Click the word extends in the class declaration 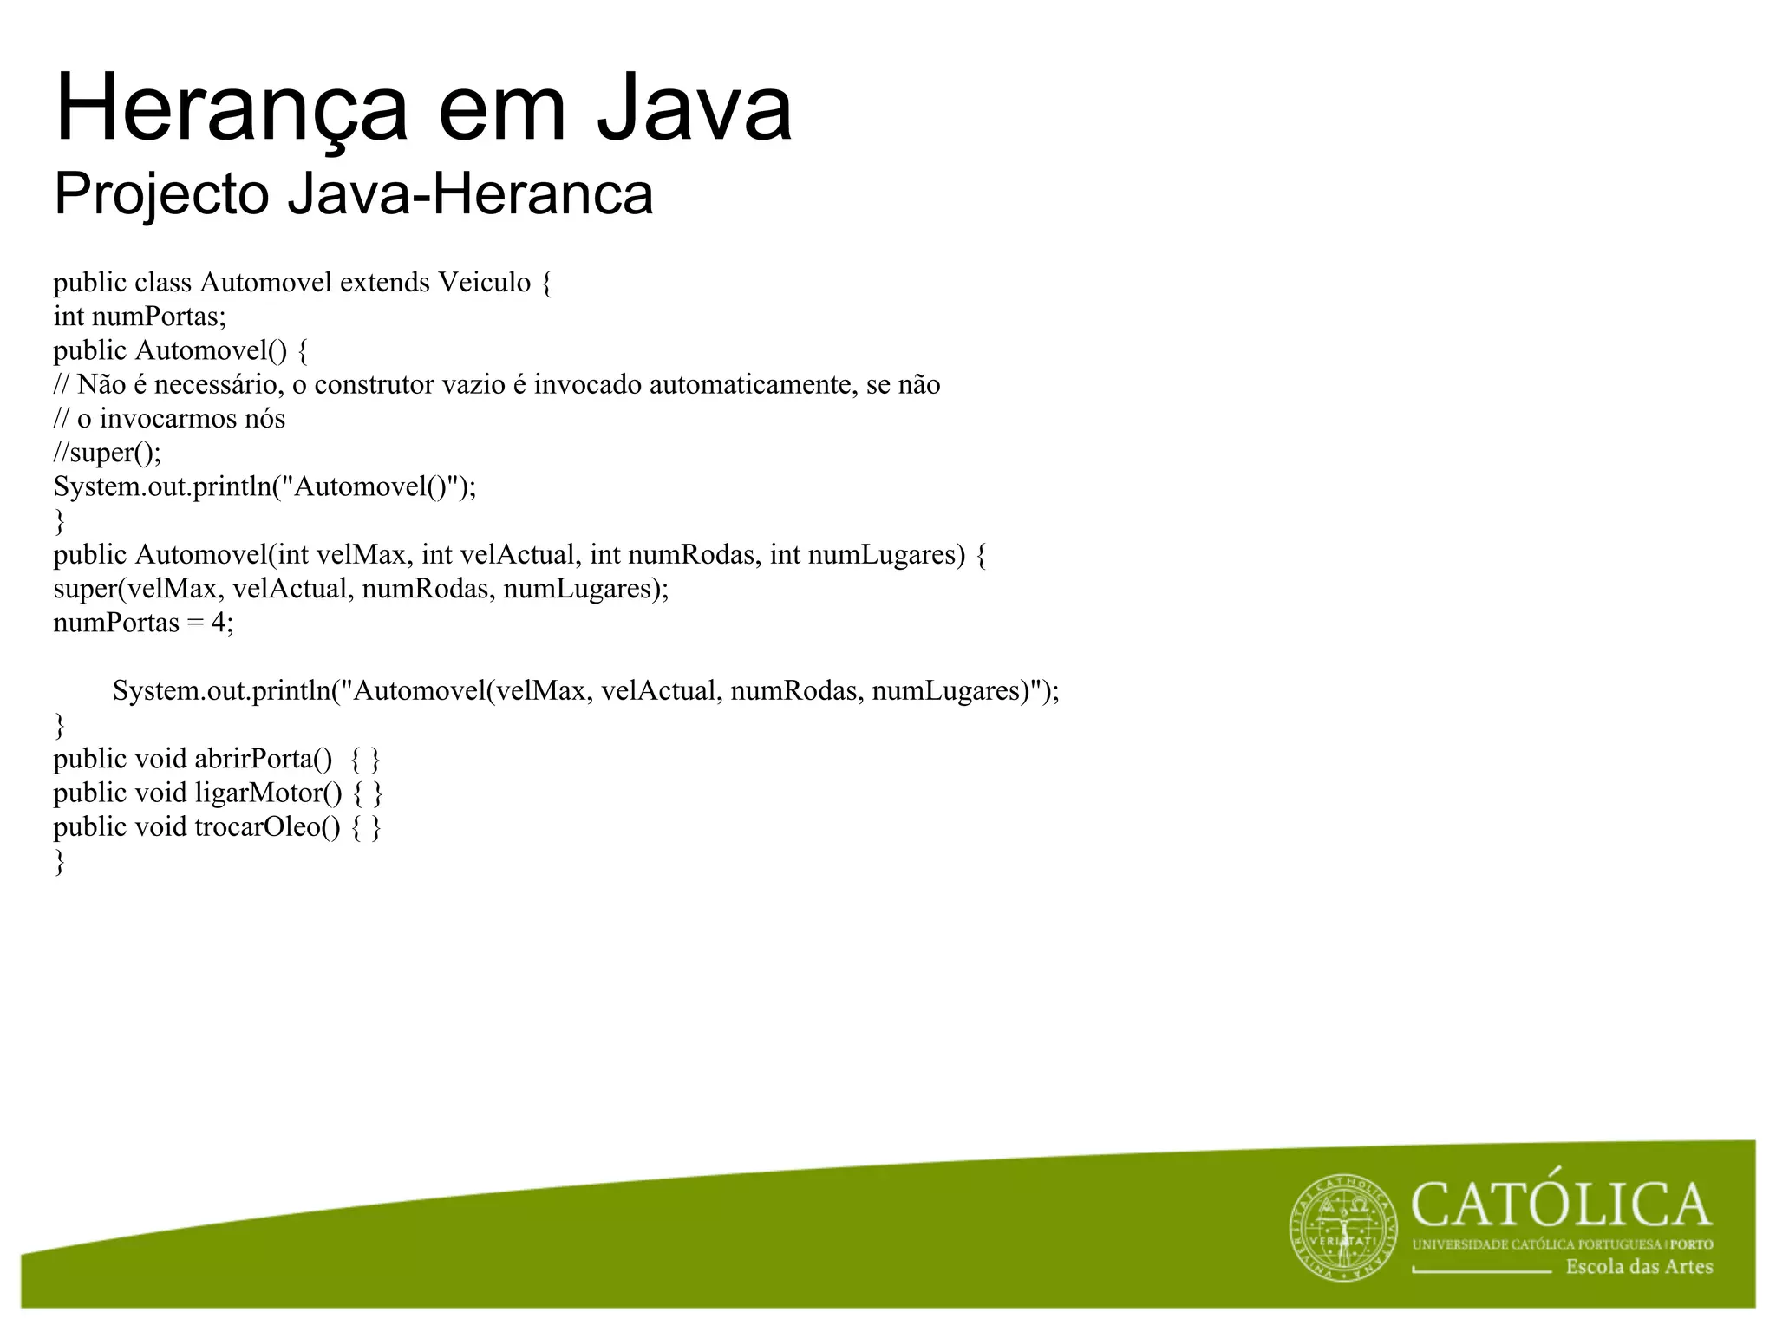click(385, 283)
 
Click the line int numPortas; click(140, 317)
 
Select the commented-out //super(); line click(108, 453)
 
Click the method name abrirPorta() click(263, 759)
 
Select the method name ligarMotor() click(268, 793)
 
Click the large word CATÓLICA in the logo click(1561, 1205)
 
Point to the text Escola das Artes click(1639, 1267)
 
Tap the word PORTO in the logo click(1692, 1244)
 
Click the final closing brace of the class click(59, 861)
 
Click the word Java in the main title click(694, 109)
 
